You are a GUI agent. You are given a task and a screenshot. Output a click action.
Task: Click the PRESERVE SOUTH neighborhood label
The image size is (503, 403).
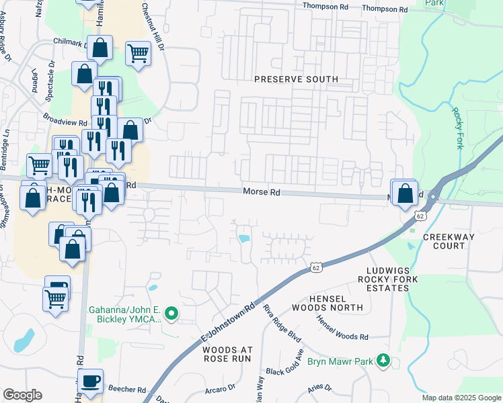click(x=296, y=79)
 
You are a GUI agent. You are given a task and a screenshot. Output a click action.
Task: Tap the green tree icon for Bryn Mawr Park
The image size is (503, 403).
click(x=383, y=361)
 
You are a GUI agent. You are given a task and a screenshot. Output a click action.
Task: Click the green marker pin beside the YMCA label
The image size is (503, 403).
click(x=171, y=313)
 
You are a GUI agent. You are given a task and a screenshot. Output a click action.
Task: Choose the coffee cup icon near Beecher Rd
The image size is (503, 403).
click(x=90, y=381)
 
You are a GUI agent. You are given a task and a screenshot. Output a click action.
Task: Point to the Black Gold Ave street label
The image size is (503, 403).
click(x=285, y=363)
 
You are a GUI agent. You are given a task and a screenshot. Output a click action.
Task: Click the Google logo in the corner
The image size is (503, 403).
click(x=22, y=395)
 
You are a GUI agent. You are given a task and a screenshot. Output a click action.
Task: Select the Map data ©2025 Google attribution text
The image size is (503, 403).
click(x=461, y=398)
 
